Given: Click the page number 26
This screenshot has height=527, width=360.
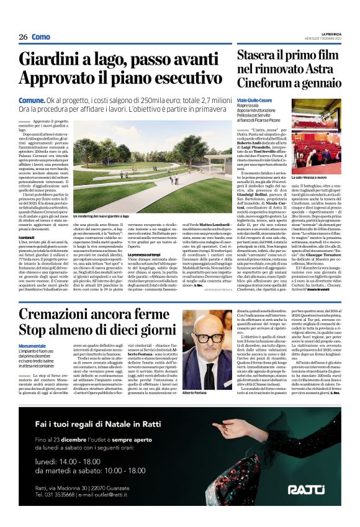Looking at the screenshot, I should click(23, 37).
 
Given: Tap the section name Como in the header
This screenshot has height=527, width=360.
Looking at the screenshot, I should click(41, 37).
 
